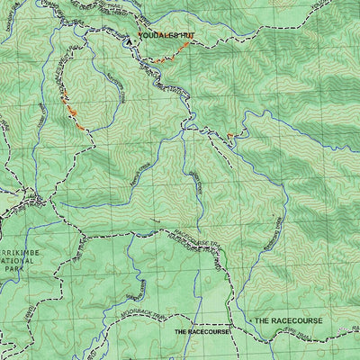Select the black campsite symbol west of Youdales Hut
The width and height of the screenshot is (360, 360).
[130, 39]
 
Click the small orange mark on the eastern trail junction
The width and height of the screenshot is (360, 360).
[230, 136]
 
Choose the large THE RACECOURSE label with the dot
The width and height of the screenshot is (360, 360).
[286, 320]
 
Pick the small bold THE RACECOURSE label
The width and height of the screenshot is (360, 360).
[202, 331]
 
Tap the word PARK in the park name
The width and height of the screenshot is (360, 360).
[11, 268]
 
